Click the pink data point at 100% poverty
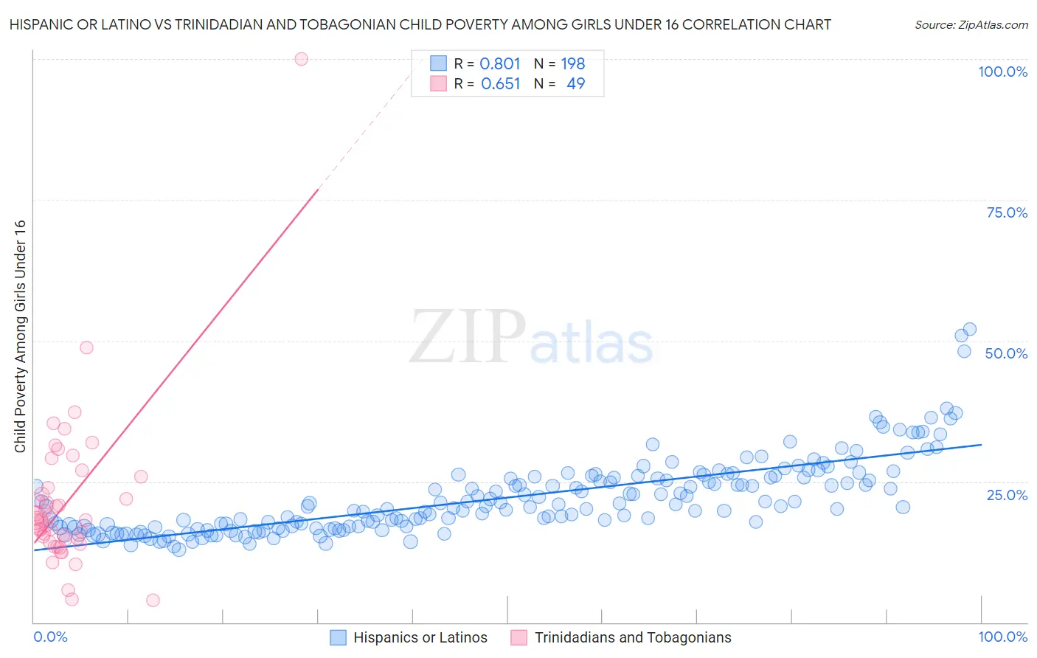click(x=301, y=59)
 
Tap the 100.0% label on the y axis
click(x=1002, y=72)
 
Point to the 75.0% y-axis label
click(x=1007, y=212)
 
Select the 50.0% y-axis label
click(x=1006, y=353)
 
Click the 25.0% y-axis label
click(x=1007, y=494)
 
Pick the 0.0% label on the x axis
click(x=50, y=637)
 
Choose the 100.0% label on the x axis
click(x=1002, y=637)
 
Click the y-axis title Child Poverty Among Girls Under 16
click(x=20, y=336)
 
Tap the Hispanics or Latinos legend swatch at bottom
click(x=338, y=637)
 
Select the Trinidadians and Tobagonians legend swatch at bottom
click(x=519, y=637)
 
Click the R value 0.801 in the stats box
click(x=500, y=63)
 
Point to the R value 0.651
click(x=500, y=84)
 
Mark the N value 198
click(x=572, y=63)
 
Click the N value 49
click(x=575, y=84)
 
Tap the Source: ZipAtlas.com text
click(x=971, y=24)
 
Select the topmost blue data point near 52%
click(x=970, y=330)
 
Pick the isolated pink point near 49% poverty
click(x=86, y=347)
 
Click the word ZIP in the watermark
click(x=467, y=336)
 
